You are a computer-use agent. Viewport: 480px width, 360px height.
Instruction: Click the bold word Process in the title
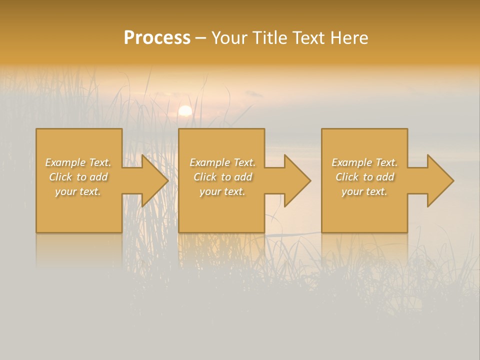point(157,38)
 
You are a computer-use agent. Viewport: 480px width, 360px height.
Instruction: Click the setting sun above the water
point(185,110)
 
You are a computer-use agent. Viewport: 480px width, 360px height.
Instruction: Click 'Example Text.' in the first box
point(78,162)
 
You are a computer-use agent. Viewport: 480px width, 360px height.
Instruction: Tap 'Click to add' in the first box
point(78,177)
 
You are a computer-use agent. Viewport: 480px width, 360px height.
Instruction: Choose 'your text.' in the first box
point(78,191)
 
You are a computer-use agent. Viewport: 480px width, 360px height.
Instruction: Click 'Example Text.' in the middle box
point(222,162)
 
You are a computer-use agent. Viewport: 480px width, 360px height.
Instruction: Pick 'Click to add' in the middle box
point(222,177)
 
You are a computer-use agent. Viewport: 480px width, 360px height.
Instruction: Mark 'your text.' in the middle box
point(222,191)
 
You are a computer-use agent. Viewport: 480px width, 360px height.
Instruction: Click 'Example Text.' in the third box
point(364,162)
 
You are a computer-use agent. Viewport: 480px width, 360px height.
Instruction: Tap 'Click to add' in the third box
point(364,177)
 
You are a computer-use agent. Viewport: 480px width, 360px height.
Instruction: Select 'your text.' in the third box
point(364,191)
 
